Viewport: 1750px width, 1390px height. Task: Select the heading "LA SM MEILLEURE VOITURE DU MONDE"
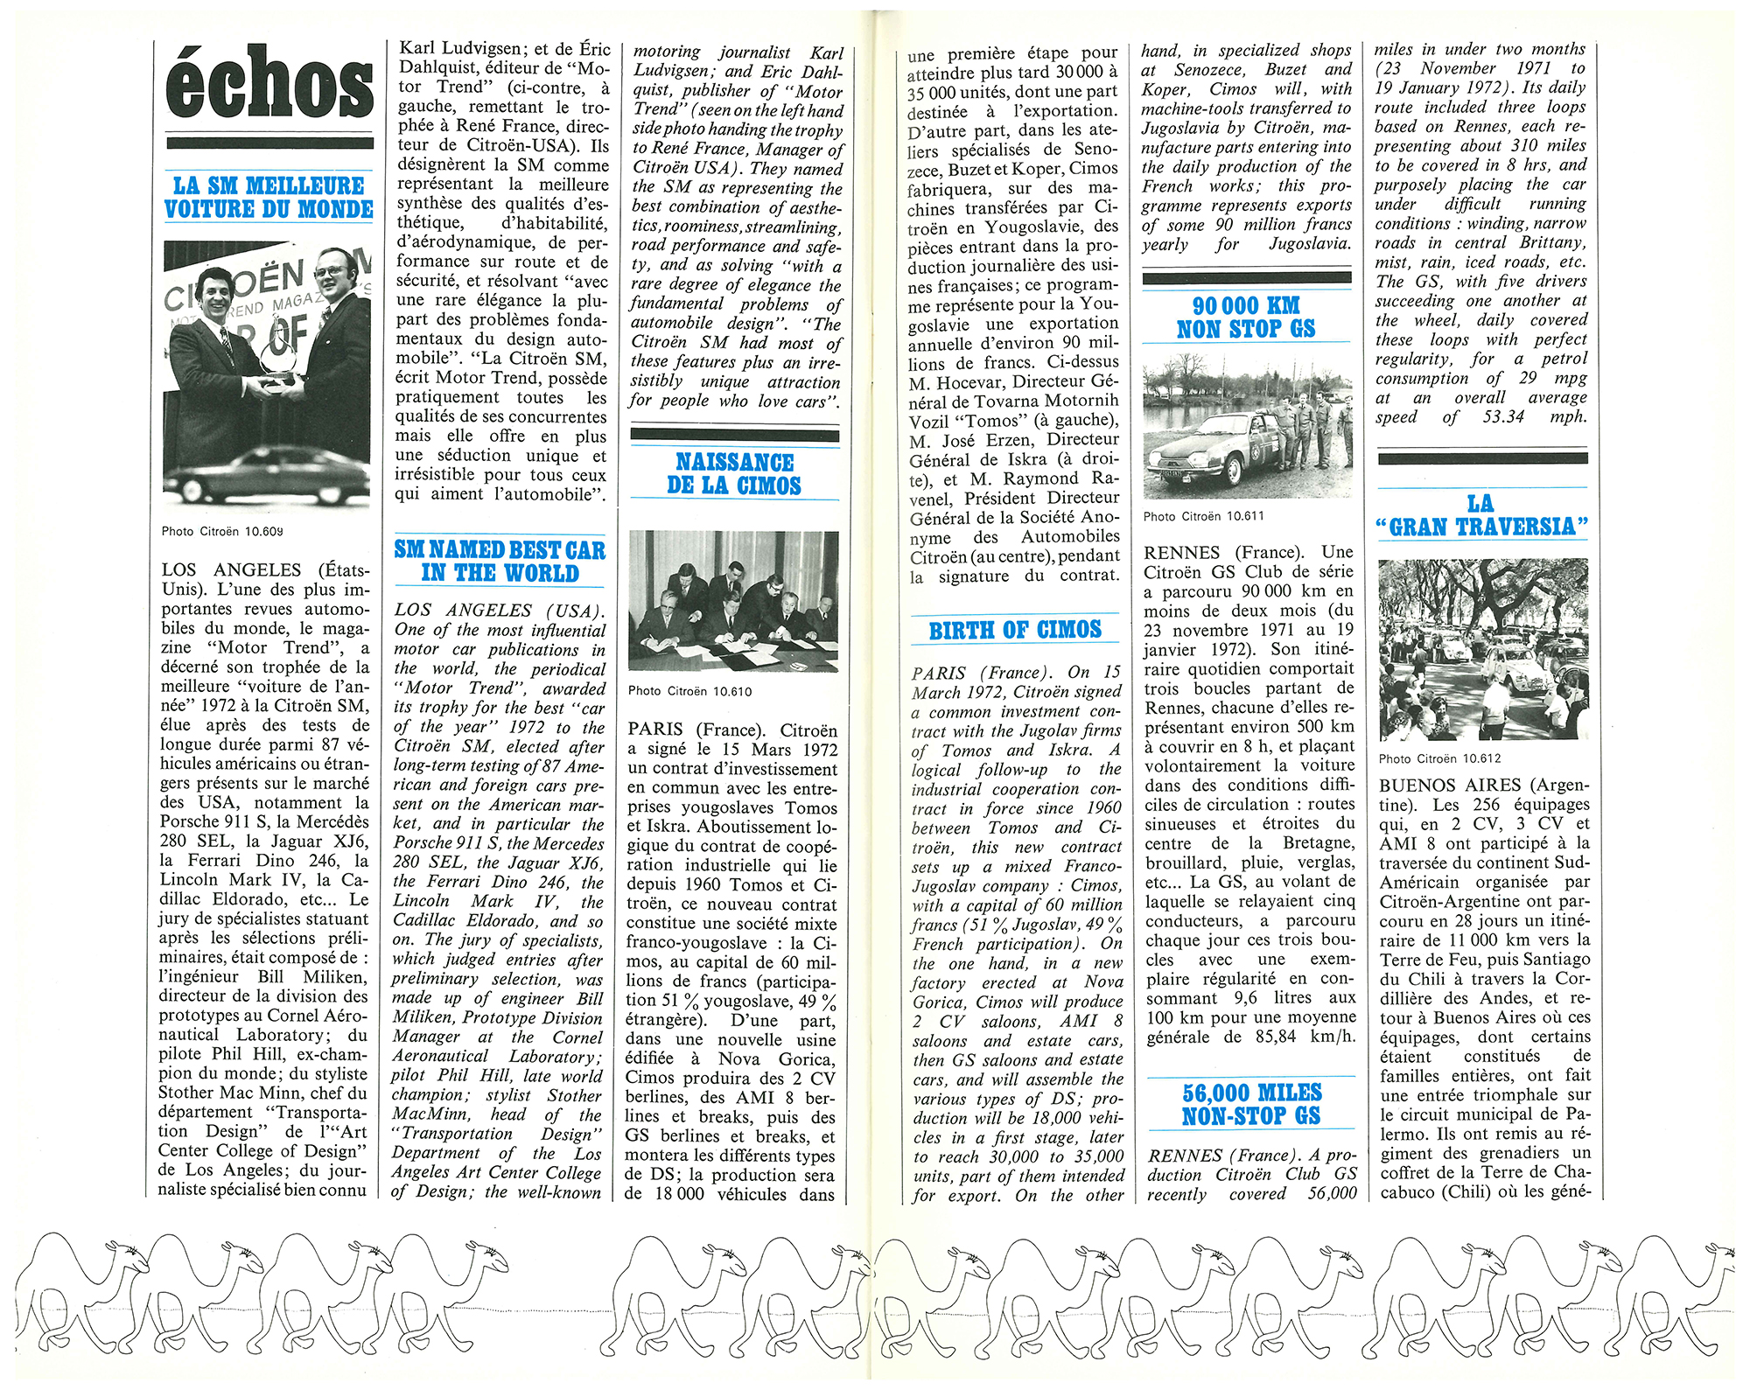[269, 198]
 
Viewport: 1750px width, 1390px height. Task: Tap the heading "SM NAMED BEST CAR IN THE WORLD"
[500, 562]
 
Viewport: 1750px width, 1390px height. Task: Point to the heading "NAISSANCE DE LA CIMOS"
[734, 474]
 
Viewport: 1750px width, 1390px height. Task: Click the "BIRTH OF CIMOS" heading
[1015, 631]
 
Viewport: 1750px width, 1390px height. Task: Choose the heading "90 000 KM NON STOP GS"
[1246, 318]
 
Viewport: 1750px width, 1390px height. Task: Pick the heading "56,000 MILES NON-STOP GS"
[1252, 1105]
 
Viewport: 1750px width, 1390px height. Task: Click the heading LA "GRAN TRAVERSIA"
[1481, 515]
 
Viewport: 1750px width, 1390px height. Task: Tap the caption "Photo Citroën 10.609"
[222, 531]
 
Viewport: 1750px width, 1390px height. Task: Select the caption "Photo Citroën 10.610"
[689, 691]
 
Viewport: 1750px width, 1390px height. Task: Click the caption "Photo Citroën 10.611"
[1203, 516]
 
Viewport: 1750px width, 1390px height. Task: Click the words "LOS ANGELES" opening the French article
[231, 570]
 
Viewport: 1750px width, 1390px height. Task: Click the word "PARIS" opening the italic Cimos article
[939, 674]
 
